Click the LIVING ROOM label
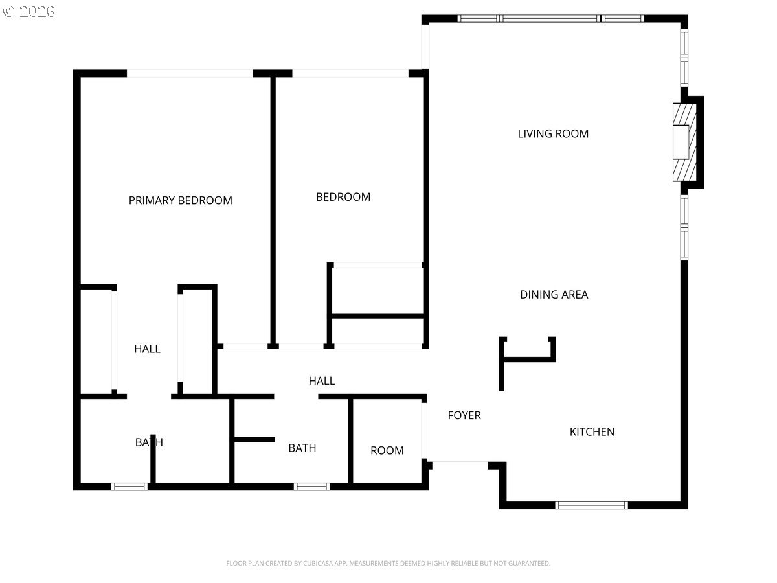[553, 134]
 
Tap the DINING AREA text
[554, 295]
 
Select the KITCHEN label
[592, 432]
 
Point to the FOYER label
[464, 415]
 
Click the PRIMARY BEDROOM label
[180, 201]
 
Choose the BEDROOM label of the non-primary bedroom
[343, 197]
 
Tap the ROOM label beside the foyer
[387, 451]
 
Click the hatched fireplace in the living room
[685, 143]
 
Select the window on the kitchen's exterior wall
[591, 505]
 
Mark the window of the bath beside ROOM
[311, 486]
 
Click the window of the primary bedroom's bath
[129, 486]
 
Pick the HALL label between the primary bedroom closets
[147, 349]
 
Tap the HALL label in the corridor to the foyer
[322, 381]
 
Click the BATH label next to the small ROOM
[302, 448]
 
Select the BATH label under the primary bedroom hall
[149, 442]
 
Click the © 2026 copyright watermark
[29, 11]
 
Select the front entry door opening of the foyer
[458, 462]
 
